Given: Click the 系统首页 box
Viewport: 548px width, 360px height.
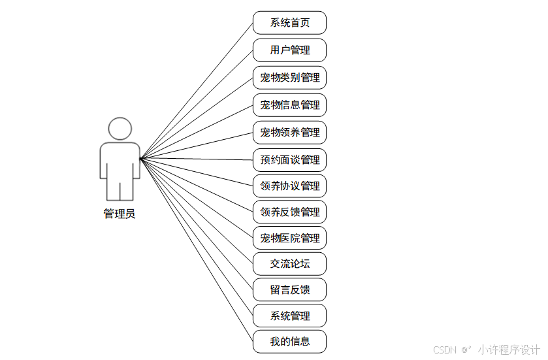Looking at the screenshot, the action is (x=289, y=23).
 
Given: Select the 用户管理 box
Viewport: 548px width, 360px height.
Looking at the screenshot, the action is (x=289, y=50).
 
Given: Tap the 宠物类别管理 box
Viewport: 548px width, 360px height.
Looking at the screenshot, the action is (x=289, y=77).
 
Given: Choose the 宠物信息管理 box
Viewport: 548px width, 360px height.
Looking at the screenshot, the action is (x=289, y=105).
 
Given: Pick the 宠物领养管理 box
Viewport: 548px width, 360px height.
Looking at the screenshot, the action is (x=289, y=132).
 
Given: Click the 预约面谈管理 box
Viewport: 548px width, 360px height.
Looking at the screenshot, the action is (x=289, y=159).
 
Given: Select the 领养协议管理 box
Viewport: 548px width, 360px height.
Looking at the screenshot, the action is (x=289, y=186).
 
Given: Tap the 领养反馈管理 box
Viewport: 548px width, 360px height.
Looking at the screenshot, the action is (x=289, y=212).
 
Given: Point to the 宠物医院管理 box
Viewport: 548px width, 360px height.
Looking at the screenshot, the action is (x=289, y=238).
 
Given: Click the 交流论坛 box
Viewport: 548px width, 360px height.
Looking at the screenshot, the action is (x=289, y=264).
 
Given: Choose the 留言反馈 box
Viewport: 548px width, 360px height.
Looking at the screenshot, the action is (x=289, y=289).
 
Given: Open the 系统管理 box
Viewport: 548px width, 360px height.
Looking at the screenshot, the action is (x=289, y=316).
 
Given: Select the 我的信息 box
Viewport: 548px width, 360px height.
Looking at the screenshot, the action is (x=289, y=341).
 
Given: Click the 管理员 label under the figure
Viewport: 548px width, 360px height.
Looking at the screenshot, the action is (x=120, y=214).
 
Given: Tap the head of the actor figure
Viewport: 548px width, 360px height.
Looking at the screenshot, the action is (x=120, y=129).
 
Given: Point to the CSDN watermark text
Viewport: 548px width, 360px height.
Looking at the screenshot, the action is (x=444, y=350).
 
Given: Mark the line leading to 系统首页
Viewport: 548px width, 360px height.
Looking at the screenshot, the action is (x=196, y=91).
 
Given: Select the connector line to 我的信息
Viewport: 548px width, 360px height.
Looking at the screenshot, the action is (x=196, y=249).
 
